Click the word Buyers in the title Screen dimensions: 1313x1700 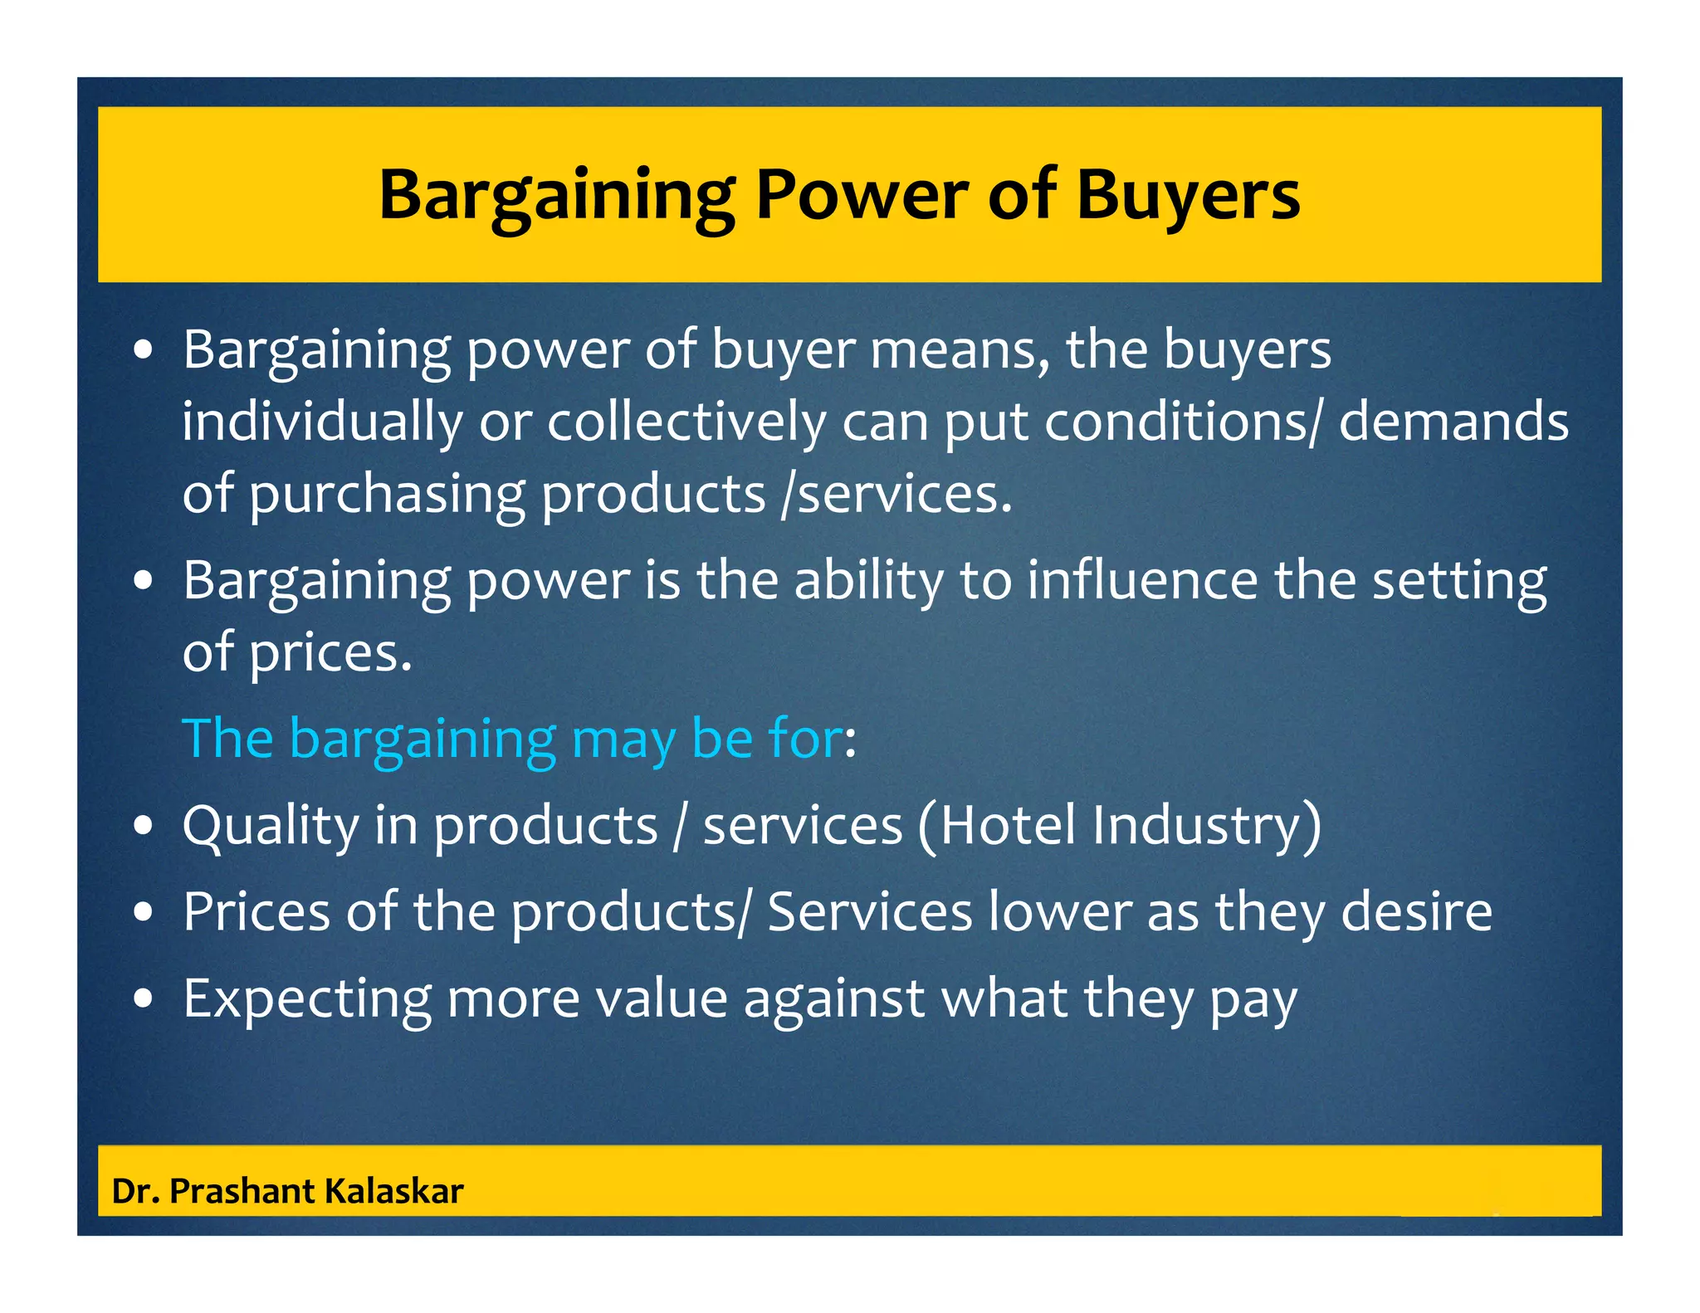pos(1188,196)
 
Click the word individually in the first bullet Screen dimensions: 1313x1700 pos(322,422)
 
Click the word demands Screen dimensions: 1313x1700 pos(1453,422)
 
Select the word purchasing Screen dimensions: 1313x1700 pos(387,495)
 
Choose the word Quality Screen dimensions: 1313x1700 pos(271,827)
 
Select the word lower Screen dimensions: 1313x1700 pos(1060,912)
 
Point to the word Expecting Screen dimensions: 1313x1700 pos(307,1000)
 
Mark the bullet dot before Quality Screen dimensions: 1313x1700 pos(144,827)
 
